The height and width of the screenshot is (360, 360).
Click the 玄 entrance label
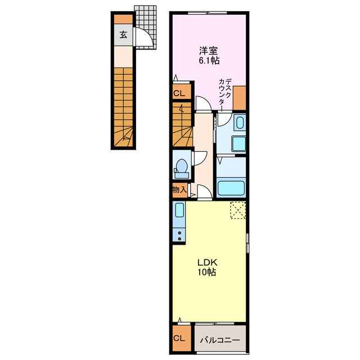click(x=123, y=35)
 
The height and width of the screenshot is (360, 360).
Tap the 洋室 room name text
click(x=209, y=51)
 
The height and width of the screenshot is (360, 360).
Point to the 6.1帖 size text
click(x=209, y=60)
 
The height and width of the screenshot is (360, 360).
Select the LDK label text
click(x=208, y=262)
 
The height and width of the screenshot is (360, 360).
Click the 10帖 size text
click(x=207, y=272)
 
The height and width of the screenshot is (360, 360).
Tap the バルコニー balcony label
click(x=220, y=340)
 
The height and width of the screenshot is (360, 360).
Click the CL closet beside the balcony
click(x=179, y=338)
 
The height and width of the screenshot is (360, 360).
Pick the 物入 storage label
click(x=179, y=190)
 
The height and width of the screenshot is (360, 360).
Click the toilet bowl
click(x=181, y=169)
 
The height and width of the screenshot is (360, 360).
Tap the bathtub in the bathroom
click(x=231, y=188)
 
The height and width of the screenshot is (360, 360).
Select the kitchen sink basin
click(x=179, y=210)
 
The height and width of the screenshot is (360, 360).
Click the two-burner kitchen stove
click(x=179, y=236)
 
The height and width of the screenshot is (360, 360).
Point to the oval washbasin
click(x=240, y=123)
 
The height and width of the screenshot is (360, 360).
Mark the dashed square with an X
click(x=238, y=210)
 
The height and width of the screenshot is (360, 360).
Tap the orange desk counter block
click(x=240, y=98)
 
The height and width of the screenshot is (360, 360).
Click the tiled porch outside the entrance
click(x=146, y=27)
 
